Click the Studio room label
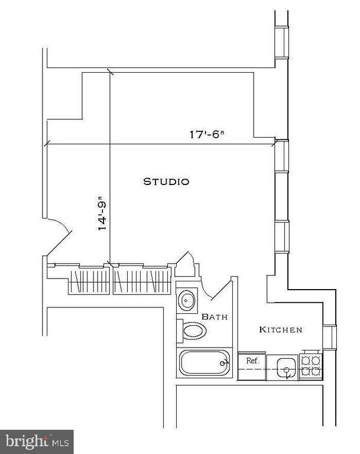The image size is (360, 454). coord(166,181)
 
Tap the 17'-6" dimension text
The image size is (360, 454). coord(206,134)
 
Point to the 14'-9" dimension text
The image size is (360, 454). coord(102,213)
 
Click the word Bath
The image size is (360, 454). coord(215,317)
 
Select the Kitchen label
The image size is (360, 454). coord(281,329)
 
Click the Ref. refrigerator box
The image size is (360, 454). coord(252,361)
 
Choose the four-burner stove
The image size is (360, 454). coord(311,367)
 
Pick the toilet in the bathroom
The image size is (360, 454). coord(193,330)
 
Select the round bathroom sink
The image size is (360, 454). coord(187,300)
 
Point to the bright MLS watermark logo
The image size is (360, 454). coord(36,441)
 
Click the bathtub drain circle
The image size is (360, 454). coord(223,362)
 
